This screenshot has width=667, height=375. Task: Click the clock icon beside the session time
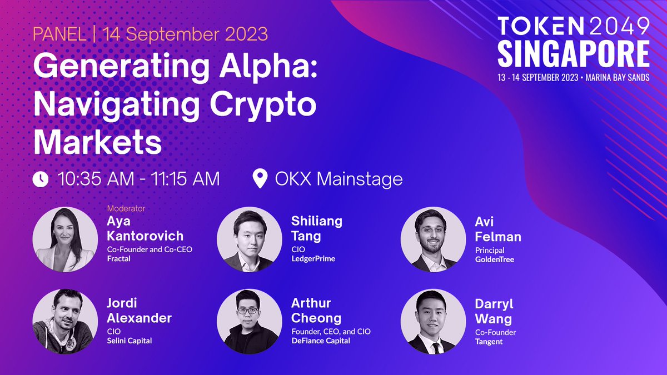click(41, 179)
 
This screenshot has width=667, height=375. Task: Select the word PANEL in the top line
click(59, 34)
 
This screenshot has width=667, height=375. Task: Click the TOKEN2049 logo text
click(573, 27)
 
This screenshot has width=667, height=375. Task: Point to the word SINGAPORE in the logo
click(573, 54)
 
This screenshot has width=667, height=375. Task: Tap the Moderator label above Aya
click(126, 209)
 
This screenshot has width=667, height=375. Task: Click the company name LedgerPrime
click(313, 259)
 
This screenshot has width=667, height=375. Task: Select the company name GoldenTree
click(495, 259)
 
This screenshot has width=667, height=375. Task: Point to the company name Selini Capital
click(129, 341)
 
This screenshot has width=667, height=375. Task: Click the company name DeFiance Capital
click(321, 341)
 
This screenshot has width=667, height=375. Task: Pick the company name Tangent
click(489, 342)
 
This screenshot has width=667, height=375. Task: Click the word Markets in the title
click(98, 142)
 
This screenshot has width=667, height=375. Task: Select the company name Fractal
click(118, 259)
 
